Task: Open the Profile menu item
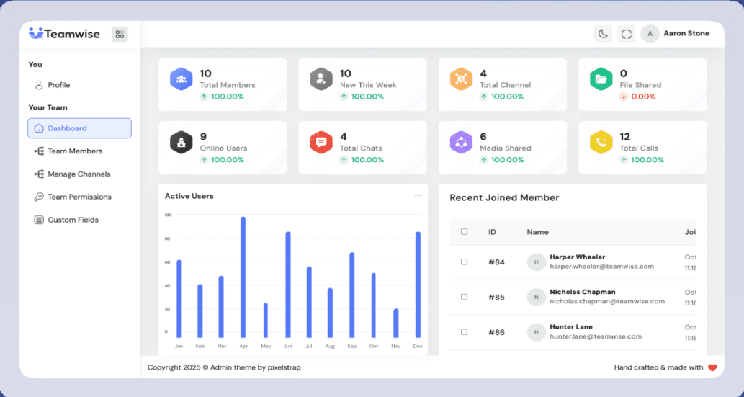(x=58, y=85)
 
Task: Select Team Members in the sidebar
(x=75, y=151)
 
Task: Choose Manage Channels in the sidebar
(x=79, y=174)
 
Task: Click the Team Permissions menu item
(x=79, y=197)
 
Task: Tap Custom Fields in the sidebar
(x=73, y=220)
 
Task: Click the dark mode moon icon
(x=603, y=34)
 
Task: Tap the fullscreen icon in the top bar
(x=626, y=34)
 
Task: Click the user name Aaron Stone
(x=686, y=33)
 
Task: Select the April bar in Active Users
(x=243, y=277)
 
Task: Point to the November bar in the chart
(x=396, y=323)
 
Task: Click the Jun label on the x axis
(x=287, y=347)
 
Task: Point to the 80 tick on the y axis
(x=168, y=238)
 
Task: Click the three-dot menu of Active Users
(x=417, y=195)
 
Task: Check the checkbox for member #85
(x=464, y=297)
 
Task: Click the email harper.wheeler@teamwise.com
(x=601, y=267)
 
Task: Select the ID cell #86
(x=496, y=332)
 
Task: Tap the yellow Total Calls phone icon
(x=601, y=142)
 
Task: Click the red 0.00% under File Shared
(x=643, y=97)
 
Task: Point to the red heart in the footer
(x=712, y=367)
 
